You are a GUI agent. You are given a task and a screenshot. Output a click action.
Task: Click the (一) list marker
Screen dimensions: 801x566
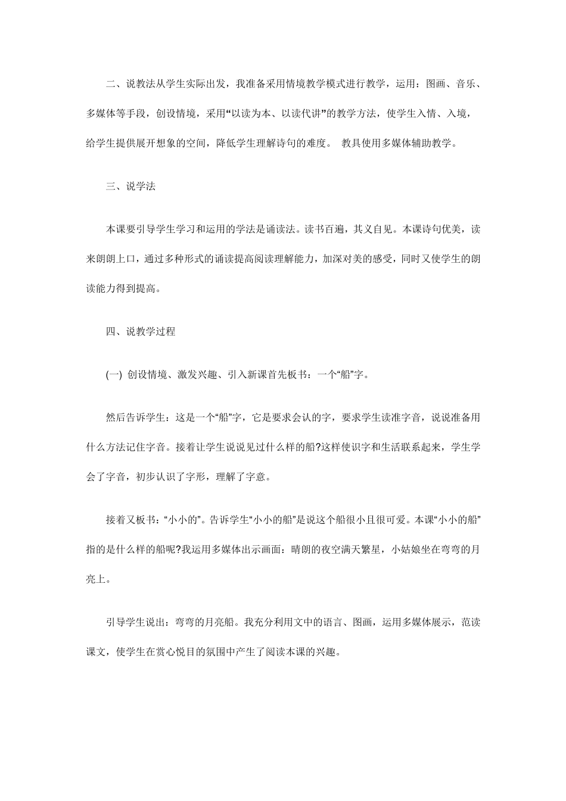[113, 375]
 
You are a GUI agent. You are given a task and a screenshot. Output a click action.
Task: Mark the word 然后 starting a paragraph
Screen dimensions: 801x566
[116, 418]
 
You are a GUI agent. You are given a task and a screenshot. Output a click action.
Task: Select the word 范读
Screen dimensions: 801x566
[471, 622]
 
